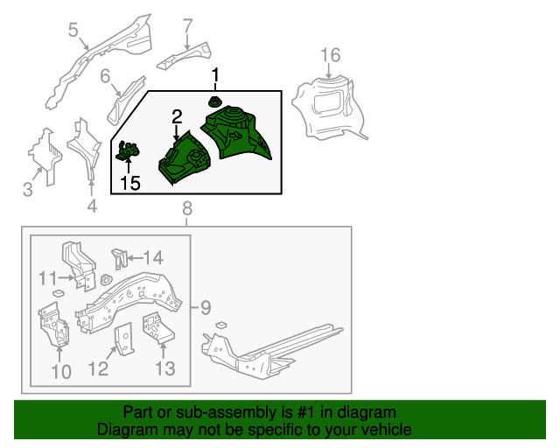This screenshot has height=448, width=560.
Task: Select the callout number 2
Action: pyautogui.click(x=177, y=117)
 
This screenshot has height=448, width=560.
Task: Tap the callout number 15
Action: pyautogui.click(x=129, y=183)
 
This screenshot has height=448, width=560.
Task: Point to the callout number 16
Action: pyautogui.click(x=329, y=57)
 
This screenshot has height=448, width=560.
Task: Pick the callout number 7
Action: pyautogui.click(x=187, y=27)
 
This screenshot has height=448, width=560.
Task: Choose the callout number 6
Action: pyautogui.click(x=105, y=76)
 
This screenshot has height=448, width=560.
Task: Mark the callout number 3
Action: pyautogui.click(x=27, y=190)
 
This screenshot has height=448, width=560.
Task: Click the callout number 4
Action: pyautogui.click(x=91, y=207)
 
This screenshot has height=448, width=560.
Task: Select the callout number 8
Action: pyautogui.click(x=186, y=208)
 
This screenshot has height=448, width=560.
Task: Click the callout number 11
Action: pyautogui.click(x=47, y=278)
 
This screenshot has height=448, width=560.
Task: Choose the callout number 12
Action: pyautogui.click(x=98, y=370)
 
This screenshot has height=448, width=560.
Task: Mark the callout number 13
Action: pyautogui.click(x=164, y=370)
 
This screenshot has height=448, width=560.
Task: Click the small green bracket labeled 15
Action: pyautogui.click(x=129, y=152)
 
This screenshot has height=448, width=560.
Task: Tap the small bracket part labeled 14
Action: pyautogui.click(x=120, y=259)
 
